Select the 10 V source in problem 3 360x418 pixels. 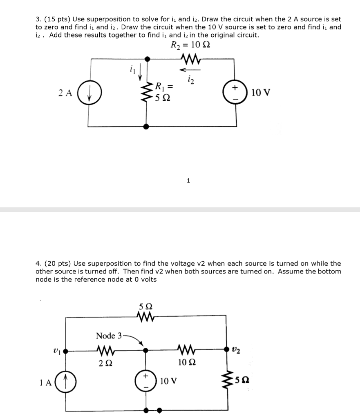[236, 93]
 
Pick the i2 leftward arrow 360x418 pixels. [189, 69]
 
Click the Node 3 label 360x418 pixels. [109, 336]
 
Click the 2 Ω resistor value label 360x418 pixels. [105, 362]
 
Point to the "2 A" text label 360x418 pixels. [65, 93]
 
